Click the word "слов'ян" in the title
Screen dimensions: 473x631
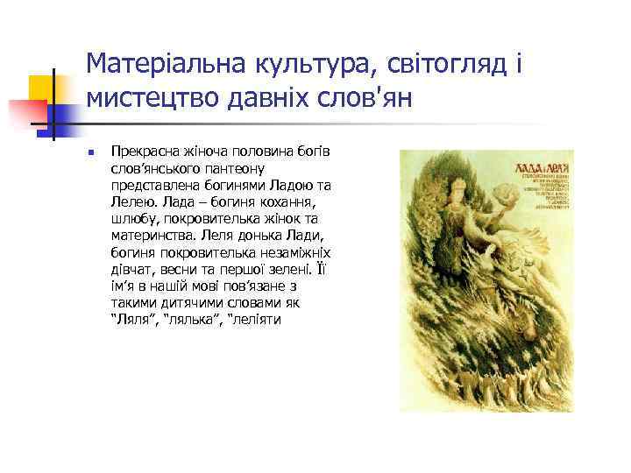tap(372, 101)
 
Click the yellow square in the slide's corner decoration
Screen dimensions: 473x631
tap(41, 88)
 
